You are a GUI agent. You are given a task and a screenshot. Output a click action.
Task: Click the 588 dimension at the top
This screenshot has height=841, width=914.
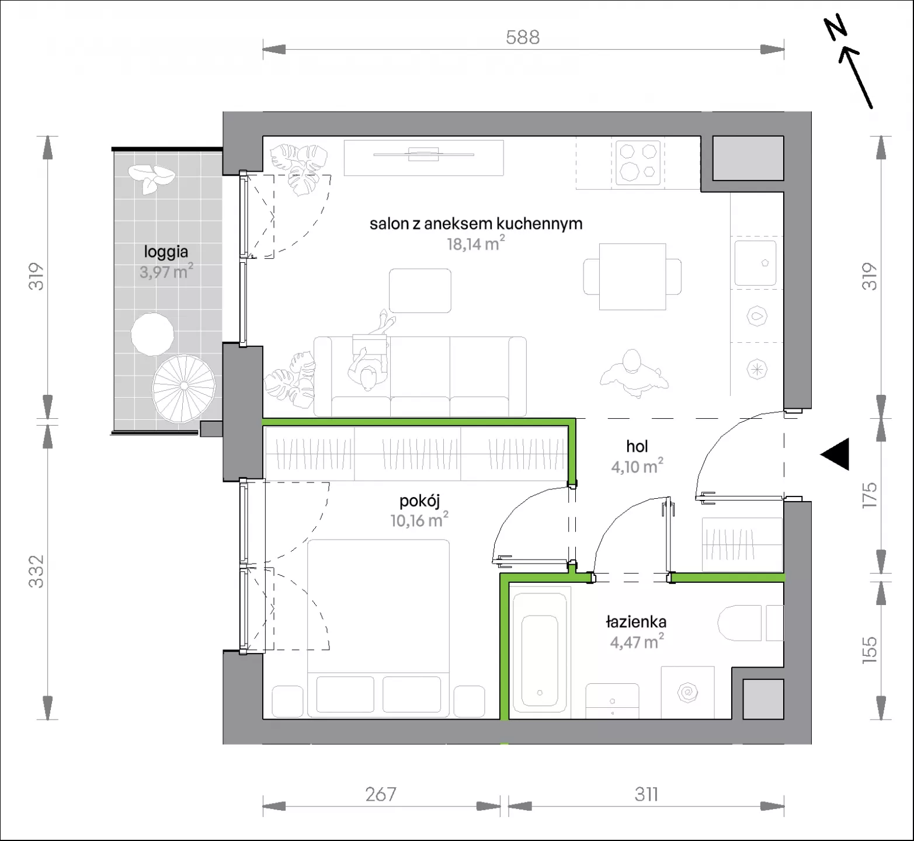[523, 37]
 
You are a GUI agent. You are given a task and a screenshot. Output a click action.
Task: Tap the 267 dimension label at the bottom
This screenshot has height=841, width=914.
[381, 794]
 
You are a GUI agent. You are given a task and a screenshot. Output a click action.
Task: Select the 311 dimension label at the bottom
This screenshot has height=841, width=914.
[646, 794]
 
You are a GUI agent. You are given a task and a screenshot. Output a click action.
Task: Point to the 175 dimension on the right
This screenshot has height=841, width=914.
[870, 495]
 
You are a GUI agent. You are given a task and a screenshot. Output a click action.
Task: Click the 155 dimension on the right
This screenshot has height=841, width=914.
[870, 649]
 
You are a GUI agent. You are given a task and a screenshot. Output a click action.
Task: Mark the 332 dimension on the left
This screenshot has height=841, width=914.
[36, 571]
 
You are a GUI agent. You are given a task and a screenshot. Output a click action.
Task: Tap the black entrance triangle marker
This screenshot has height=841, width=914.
[835, 454]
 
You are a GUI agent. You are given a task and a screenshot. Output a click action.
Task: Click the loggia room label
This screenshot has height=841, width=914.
[166, 252]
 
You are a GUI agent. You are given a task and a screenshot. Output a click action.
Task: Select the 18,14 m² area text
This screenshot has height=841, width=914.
[475, 243]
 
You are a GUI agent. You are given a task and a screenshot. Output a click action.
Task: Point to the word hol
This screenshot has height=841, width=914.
[637, 447]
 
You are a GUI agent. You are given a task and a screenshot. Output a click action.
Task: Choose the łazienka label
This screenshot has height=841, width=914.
[636, 622]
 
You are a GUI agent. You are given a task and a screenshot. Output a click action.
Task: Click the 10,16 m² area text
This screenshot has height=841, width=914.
[419, 519]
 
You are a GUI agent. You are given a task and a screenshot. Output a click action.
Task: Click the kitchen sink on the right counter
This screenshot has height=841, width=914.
[755, 263]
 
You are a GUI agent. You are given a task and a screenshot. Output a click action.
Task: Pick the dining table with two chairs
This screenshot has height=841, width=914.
[632, 277]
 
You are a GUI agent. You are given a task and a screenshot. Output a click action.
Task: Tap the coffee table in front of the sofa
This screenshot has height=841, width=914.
[420, 291]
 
